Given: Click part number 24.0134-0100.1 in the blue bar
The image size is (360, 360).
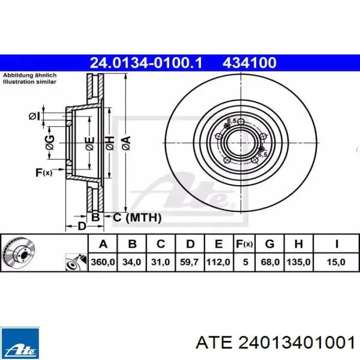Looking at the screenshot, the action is click(146, 63).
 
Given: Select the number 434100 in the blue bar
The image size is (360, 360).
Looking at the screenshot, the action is click(249, 63).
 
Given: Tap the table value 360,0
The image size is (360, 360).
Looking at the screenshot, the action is click(103, 262).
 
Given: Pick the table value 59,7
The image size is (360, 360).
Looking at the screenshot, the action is click(189, 262).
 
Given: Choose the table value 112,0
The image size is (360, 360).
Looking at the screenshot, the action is click(218, 262).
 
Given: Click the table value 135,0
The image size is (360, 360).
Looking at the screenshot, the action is click(298, 262).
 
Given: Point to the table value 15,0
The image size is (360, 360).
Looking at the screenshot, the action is click(336, 262).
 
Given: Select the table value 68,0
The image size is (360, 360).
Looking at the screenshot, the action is click(270, 262).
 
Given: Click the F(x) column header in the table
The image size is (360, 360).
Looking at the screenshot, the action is click(244, 244).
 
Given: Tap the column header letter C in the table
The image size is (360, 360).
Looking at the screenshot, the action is click(160, 244).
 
